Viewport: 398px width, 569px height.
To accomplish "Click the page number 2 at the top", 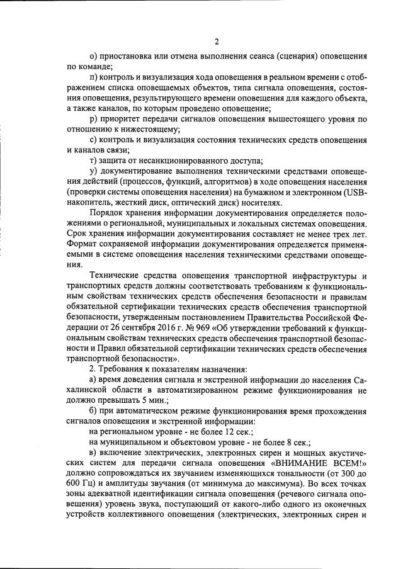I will click(216, 42).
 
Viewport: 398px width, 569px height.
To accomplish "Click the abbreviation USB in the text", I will click(355, 192).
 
